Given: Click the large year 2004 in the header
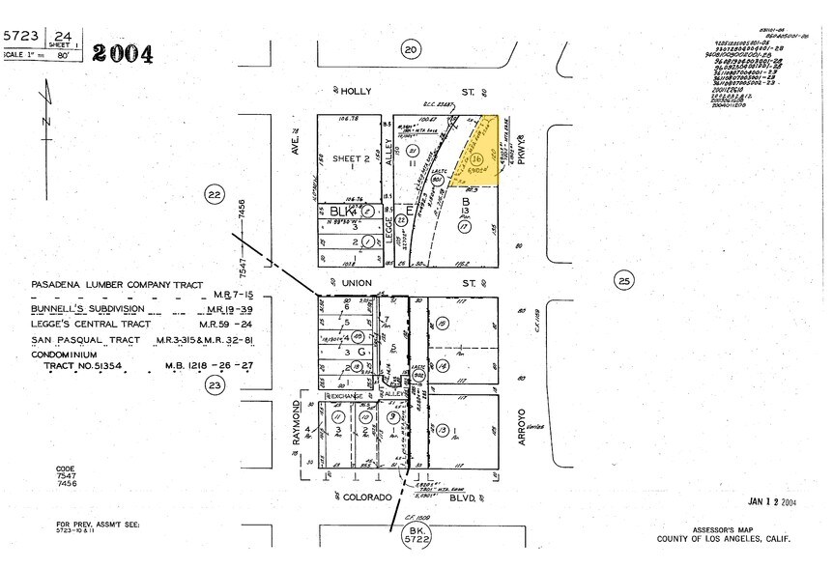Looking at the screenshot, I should click(122, 55).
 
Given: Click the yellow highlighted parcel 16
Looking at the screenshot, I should click(477, 159).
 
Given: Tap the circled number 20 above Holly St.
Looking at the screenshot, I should click(412, 50).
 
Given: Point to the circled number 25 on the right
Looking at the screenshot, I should click(624, 281).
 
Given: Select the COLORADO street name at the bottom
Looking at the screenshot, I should click(370, 497).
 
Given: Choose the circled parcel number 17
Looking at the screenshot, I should click(463, 229).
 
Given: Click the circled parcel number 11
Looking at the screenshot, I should click(337, 417).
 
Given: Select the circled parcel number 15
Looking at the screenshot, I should click(443, 327).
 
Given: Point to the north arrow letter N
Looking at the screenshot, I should click(44, 122).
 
